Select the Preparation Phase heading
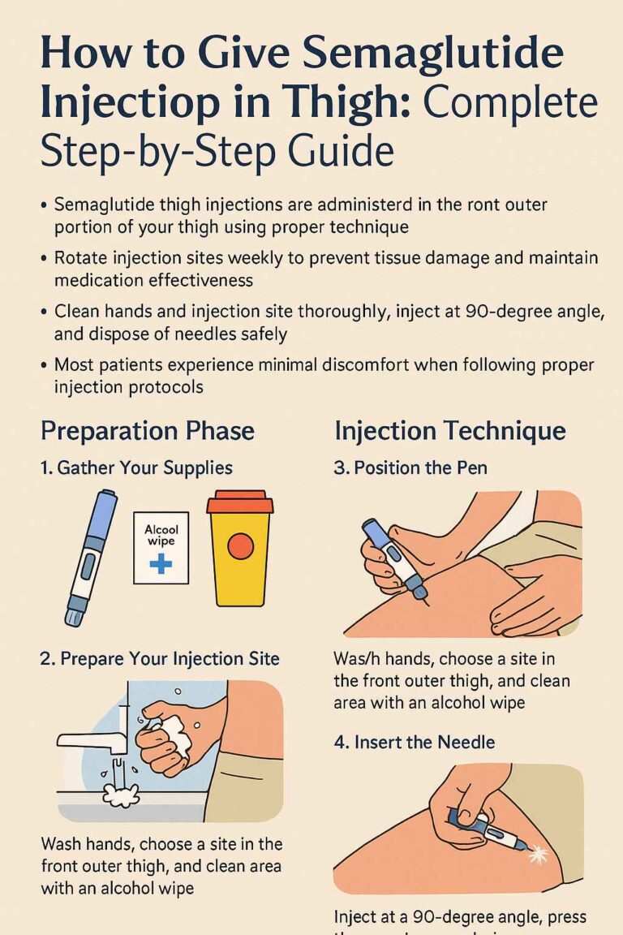[x=147, y=430]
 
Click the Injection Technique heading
[x=450, y=430]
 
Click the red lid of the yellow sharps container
[x=239, y=502]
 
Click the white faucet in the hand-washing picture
[x=91, y=739]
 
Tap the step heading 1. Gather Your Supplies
[x=136, y=468]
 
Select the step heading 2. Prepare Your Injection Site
[x=160, y=658]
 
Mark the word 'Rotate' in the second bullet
[x=82, y=258]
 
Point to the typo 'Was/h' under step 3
[x=359, y=659]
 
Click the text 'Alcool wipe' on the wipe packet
[x=161, y=535]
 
